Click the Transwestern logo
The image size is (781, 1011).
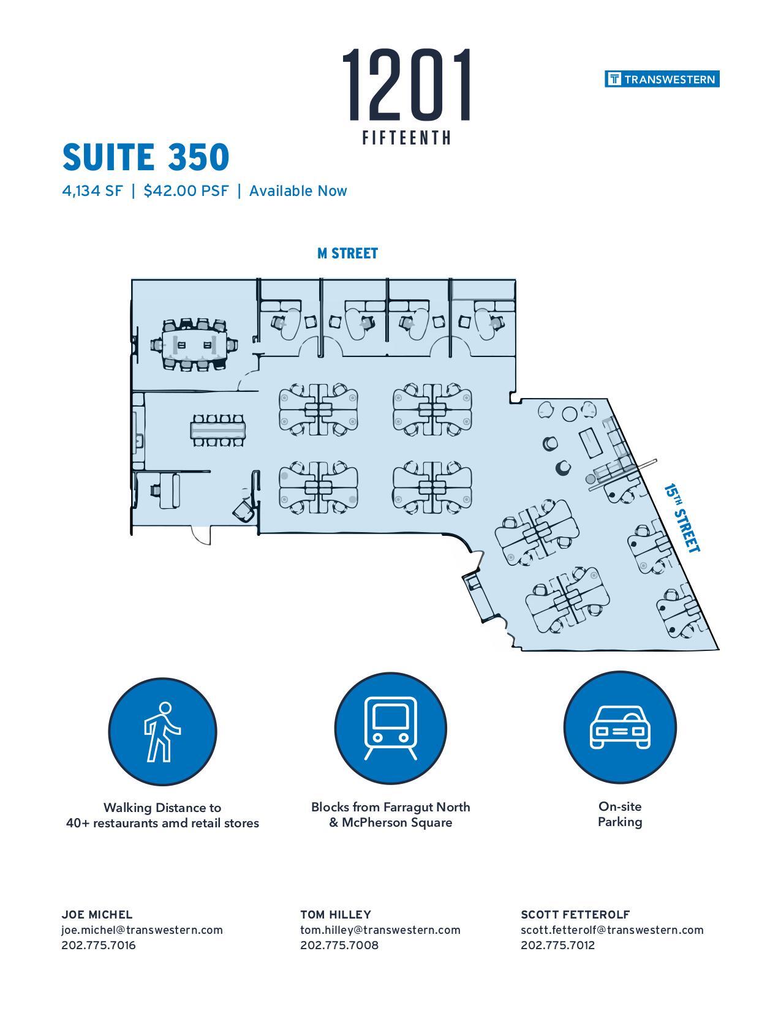coord(662,79)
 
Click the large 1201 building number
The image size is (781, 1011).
coord(407,85)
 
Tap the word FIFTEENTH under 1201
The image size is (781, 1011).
coord(407,138)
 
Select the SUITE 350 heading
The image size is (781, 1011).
coord(146,157)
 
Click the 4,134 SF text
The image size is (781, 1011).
coord(92,191)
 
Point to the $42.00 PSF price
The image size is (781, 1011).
coord(186,191)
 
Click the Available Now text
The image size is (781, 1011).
coord(298,191)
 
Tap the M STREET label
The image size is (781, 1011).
coord(347,254)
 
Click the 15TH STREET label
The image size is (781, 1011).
coord(682,518)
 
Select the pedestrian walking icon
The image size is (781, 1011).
coord(162,731)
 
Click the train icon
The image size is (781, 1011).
coord(390,729)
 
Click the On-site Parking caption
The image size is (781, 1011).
coord(619,814)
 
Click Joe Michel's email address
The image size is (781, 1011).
coord(142,930)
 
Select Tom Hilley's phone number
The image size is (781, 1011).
coord(339,945)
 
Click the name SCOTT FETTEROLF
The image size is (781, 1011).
coord(575,914)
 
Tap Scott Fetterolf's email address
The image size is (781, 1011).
coord(612,930)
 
